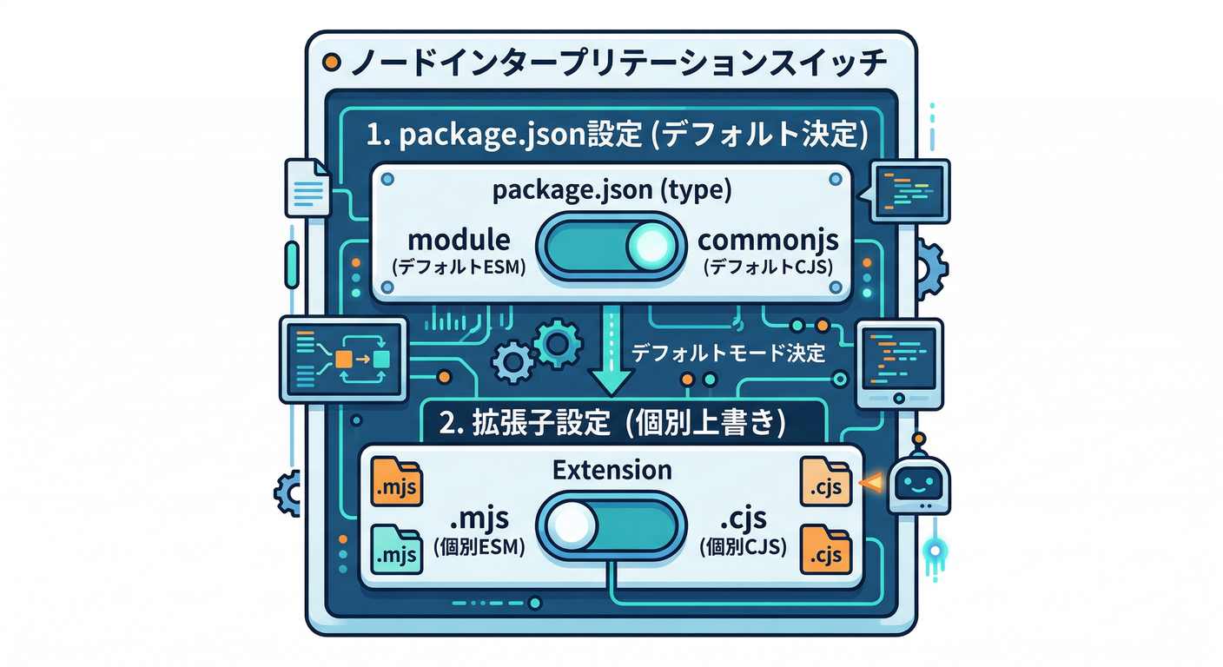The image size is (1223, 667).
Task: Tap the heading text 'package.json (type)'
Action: click(x=611, y=191)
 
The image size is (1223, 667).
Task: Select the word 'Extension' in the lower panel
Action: click(x=611, y=470)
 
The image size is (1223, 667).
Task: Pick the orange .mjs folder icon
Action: click(x=396, y=483)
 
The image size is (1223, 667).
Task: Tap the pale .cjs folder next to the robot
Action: click(x=822, y=483)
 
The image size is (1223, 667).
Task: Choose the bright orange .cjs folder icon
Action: click(x=825, y=547)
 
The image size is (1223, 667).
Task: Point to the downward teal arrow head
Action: click(x=611, y=380)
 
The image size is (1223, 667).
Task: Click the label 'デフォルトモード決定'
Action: click(x=728, y=353)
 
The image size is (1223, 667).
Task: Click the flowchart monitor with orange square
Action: click(x=342, y=358)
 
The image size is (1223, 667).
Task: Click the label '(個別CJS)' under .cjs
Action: click(x=743, y=547)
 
